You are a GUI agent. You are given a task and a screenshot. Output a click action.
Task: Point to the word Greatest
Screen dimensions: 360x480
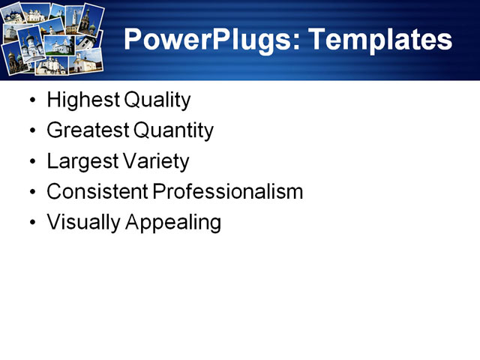point(87,131)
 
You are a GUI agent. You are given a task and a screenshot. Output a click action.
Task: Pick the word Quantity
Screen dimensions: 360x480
point(173,131)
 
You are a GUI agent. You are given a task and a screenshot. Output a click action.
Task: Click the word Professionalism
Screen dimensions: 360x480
point(228,192)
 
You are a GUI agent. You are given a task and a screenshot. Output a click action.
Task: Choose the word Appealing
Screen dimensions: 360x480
point(175,223)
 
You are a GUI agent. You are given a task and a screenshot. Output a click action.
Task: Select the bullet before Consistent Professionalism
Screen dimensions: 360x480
point(31,193)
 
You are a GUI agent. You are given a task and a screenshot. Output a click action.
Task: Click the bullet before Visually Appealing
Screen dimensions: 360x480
point(31,223)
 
